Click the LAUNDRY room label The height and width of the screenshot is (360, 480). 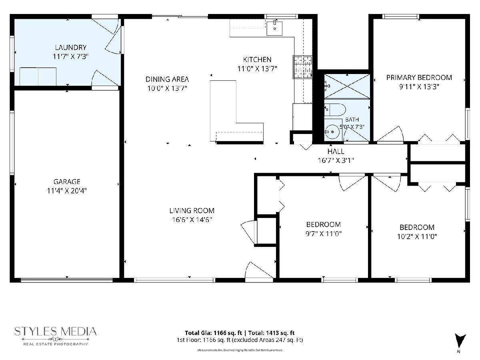(71, 48)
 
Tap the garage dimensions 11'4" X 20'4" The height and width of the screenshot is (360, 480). (67, 191)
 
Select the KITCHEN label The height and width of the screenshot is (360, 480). (257, 60)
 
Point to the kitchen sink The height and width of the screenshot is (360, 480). (274, 28)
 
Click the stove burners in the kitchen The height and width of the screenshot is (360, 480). (302, 67)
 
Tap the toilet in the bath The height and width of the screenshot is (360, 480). (334, 110)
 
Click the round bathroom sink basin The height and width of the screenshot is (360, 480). (332, 132)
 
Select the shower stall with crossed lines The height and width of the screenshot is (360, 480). (347, 86)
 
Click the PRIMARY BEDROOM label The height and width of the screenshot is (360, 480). (419, 78)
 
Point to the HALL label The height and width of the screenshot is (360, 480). (336, 151)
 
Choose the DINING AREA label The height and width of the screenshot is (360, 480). (167, 79)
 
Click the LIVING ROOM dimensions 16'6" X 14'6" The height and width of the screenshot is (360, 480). (192, 220)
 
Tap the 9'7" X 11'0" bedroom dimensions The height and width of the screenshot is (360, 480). (324, 234)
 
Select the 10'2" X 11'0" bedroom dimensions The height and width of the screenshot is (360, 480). (417, 236)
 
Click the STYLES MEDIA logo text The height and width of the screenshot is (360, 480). (55, 332)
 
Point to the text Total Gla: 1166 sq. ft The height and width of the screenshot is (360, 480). (213, 333)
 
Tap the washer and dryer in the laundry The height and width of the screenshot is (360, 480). (38, 76)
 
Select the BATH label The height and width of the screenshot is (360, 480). (352, 120)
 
